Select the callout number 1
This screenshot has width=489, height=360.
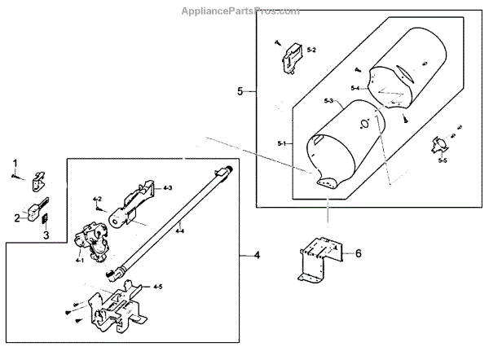tap(15, 163)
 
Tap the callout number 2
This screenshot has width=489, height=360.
tap(15, 217)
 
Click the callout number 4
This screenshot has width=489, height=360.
tap(258, 256)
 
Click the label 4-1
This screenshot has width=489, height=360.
tap(80, 260)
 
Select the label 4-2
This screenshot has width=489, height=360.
tap(97, 199)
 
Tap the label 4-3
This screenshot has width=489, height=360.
tap(167, 188)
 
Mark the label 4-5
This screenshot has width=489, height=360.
tap(158, 286)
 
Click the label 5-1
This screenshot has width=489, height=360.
tap(282, 143)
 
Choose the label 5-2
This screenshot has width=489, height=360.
tap(311, 50)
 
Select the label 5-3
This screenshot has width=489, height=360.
tap(328, 100)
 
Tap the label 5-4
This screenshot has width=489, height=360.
tap(356, 87)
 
